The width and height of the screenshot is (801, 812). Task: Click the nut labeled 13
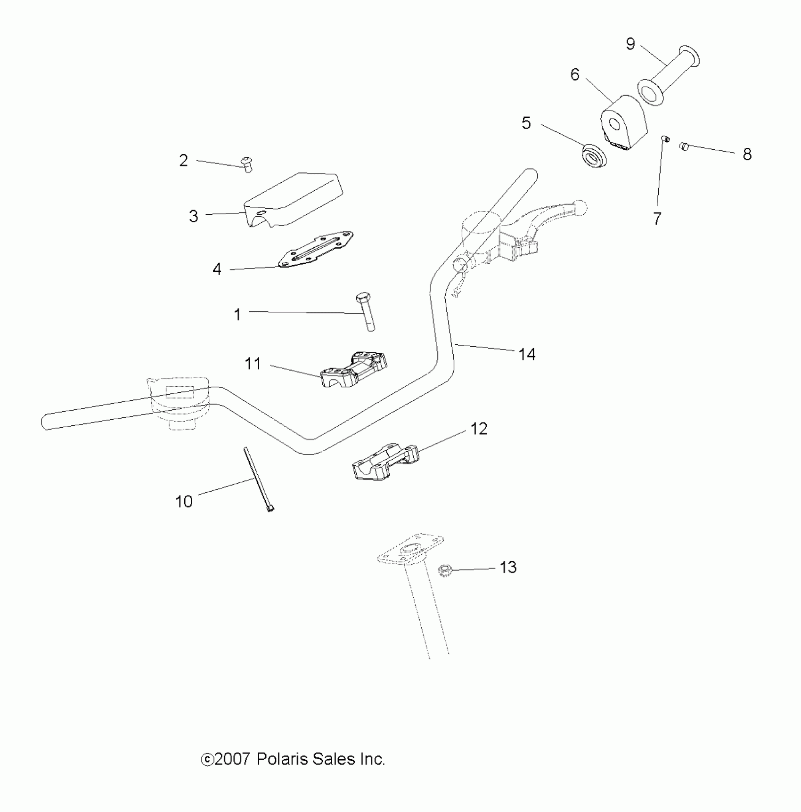444,570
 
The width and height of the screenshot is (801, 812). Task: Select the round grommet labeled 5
594,156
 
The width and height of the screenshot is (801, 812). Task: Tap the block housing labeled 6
623,122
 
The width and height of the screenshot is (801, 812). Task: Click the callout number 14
527,354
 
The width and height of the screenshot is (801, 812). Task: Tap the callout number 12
479,429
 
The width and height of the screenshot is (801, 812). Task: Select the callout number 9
630,44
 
